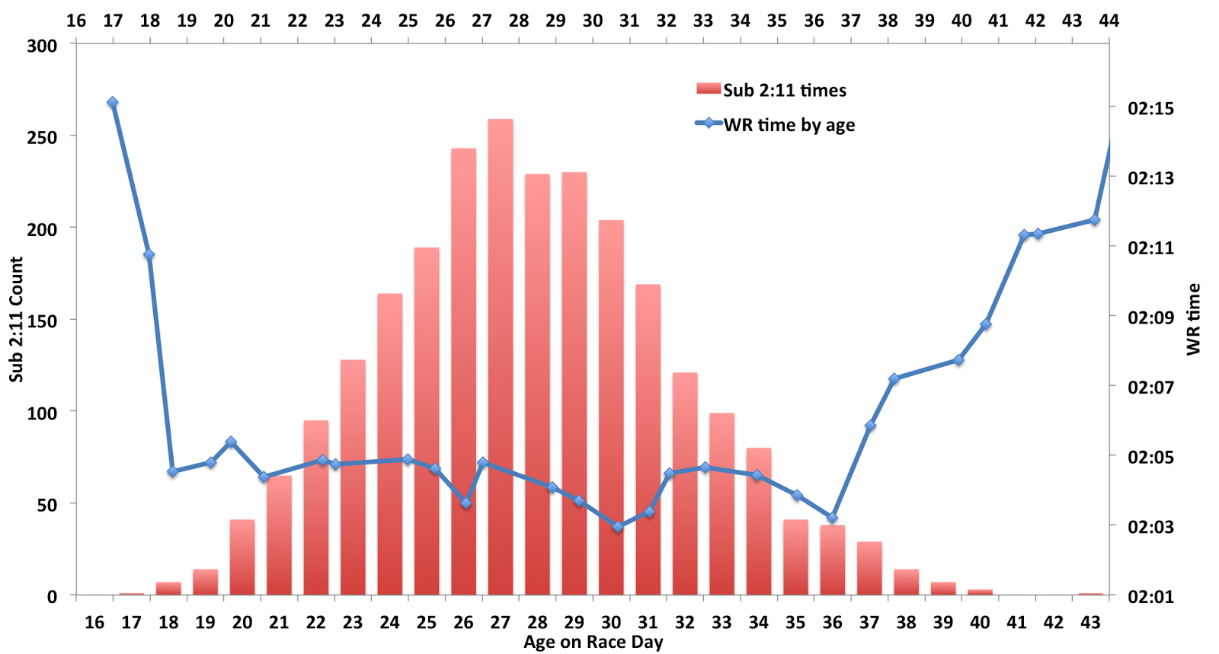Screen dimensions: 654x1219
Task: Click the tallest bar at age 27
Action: point(501,358)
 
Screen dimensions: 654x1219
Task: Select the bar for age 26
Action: point(463,373)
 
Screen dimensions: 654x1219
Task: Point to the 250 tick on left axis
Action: point(42,137)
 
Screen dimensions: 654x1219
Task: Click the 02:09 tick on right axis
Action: point(1150,317)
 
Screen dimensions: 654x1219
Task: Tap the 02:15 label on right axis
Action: point(1150,108)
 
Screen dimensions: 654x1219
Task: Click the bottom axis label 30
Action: point(611,623)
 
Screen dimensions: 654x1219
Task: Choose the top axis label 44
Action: point(1109,21)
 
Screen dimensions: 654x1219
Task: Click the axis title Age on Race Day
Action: point(593,642)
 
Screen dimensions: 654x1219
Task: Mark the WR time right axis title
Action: point(1193,319)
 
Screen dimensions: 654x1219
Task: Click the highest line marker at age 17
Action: point(112,102)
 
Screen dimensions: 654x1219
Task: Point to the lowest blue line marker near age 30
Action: point(618,526)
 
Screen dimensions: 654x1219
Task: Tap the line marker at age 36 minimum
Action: point(832,518)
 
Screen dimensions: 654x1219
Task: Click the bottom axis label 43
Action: point(1090,623)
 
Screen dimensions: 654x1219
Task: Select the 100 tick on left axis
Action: point(42,413)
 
